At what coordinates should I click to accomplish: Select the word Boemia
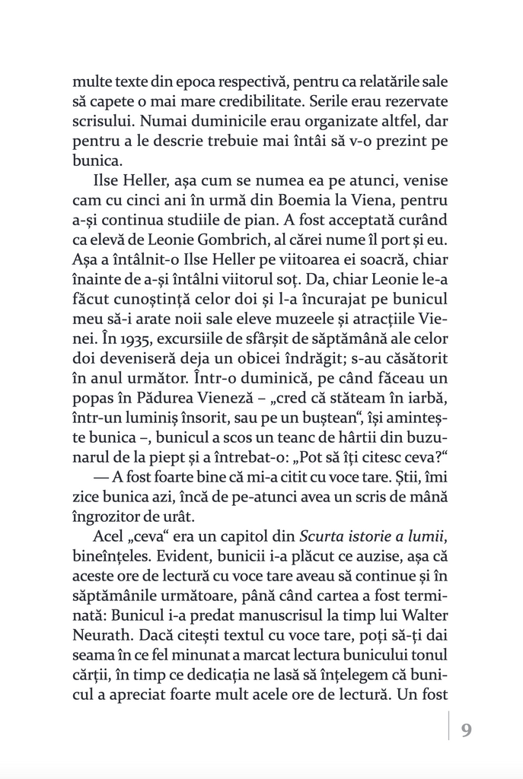click(287, 201)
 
